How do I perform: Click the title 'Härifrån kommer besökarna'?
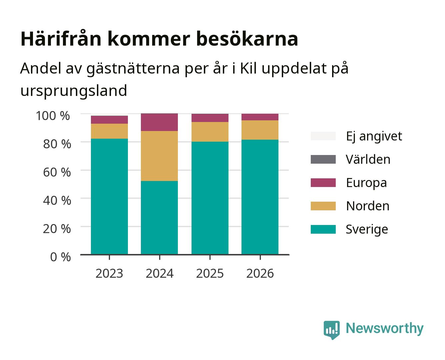coord(159,39)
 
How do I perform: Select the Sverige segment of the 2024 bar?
coord(159,217)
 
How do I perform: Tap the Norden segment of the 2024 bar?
coord(159,156)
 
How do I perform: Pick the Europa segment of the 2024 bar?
coord(159,122)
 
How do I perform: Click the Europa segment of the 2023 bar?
coord(109,120)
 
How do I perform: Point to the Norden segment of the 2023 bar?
coord(109,131)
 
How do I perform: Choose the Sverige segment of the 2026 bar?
coord(260,197)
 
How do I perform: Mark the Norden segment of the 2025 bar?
coord(210,132)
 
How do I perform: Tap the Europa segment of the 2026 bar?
coord(260,117)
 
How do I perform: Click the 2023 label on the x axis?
coord(109,273)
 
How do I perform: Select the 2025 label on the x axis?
coord(210,273)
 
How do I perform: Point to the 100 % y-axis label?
coord(53,116)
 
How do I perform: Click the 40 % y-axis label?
coord(57,200)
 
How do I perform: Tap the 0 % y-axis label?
coord(60,257)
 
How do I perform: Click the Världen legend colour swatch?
coord(323,159)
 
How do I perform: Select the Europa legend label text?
coord(366,183)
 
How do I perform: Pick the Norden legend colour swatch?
coord(323,206)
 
